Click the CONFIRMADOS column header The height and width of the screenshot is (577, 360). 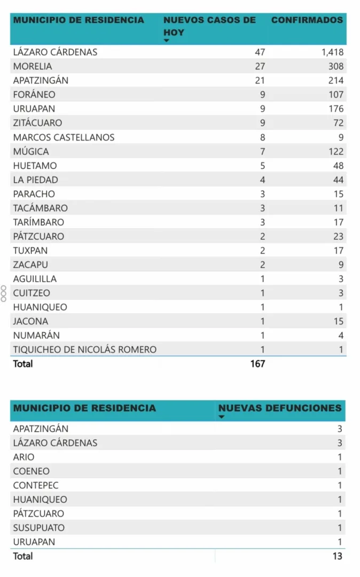click(x=307, y=20)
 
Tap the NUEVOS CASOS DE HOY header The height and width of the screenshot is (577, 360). click(x=209, y=26)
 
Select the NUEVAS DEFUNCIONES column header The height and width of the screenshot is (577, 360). click(x=279, y=408)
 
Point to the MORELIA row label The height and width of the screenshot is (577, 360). click(x=33, y=66)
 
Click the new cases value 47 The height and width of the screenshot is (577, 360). click(x=260, y=52)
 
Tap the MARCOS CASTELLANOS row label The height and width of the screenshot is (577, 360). click(x=64, y=137)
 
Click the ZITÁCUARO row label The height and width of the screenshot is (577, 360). click(x=37, y=123)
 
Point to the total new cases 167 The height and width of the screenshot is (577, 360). click(x=256, y=364)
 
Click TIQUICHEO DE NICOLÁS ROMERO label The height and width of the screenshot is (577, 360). click(x=85, y=349)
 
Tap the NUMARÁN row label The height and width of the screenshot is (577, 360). click(x=36, y=336)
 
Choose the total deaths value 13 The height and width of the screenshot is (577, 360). click(x=336, y=556)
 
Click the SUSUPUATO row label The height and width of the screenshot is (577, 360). click(x=39, y=528)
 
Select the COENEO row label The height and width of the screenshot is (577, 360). click(x=32, y=471)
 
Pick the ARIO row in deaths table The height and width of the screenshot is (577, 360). click(x=24, y=457)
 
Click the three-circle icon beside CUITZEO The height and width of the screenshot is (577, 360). click(x=4, y=293)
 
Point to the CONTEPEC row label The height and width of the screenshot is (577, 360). click(x=36, y=486)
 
